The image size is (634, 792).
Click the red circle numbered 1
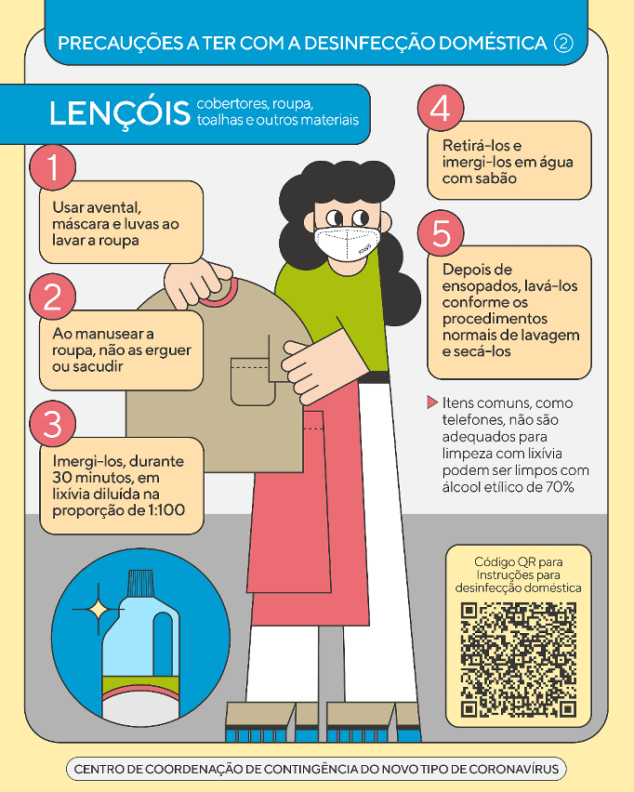click(x=53, y=167)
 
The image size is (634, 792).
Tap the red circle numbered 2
click(x=53, y=297)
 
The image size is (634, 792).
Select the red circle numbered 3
click(x=53, y=424)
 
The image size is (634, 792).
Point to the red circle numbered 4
click(x=441, y=108)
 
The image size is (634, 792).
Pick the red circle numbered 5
click(x=441, y=232)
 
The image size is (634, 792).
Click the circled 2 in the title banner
click(x=563, y=44)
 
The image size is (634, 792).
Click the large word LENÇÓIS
click(x=120, y=112)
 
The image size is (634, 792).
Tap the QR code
click(x=519, y=660)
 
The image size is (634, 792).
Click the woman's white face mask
click(x=347, y=244)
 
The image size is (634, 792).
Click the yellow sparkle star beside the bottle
click(x=98, y=610)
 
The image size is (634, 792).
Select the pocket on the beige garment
click(x=253, y=381)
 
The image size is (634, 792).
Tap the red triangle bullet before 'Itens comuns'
click(x=432, y=403)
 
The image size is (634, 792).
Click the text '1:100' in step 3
click(x=165, y=509)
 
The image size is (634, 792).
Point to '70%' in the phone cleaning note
click(x=560, y=487)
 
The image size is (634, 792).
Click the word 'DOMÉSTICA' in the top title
click(x=493, y=44)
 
